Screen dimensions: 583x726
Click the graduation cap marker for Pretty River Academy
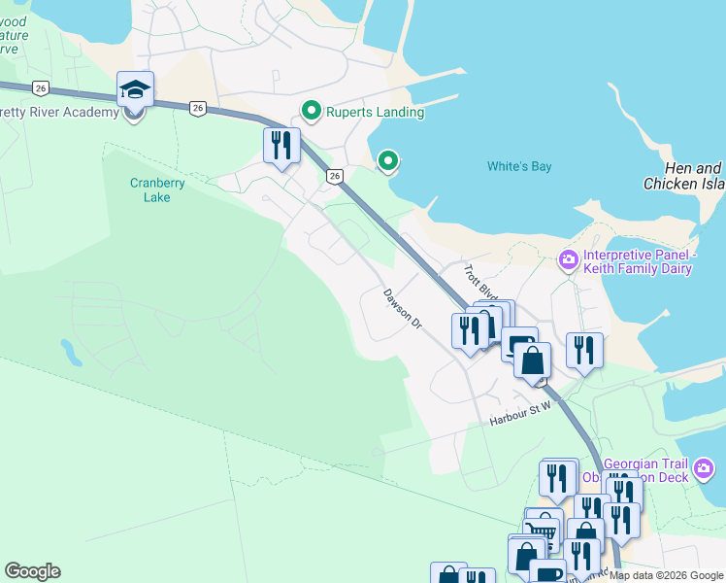coord(133,90)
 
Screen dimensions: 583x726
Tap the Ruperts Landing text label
coord(375,112)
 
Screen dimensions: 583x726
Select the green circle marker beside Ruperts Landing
coord(312,111)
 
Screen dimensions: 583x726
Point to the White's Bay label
coord(518,166)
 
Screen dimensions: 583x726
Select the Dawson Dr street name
coord(403,308)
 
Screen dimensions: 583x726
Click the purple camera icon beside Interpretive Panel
coord(567,259)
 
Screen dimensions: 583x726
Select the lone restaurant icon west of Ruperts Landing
coord(280,146)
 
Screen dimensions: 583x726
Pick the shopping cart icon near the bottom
coord(542,532)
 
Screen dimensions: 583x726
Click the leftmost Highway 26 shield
coord(40,87)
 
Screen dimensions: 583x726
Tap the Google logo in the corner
coord(32,571)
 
